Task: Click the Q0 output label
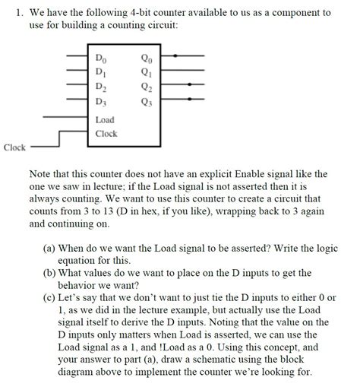[147, 58]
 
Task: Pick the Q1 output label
[147, 71]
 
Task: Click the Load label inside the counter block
[104, 120]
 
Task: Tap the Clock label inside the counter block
[106, 134]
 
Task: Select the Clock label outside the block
[14, 147]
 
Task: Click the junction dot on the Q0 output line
[176, 56]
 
